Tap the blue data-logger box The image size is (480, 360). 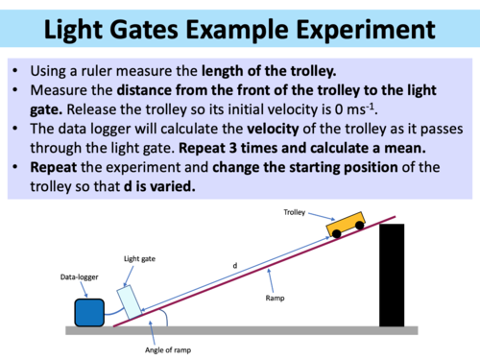point(90,313)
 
